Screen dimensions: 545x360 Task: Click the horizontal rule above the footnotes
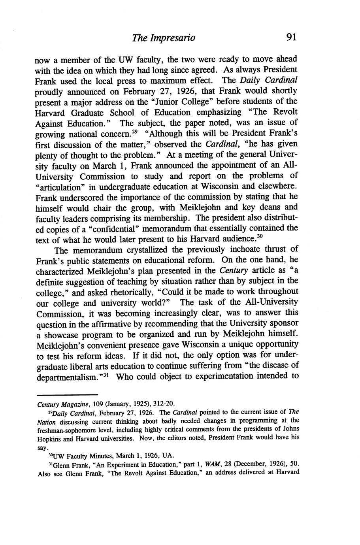(67, 394)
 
